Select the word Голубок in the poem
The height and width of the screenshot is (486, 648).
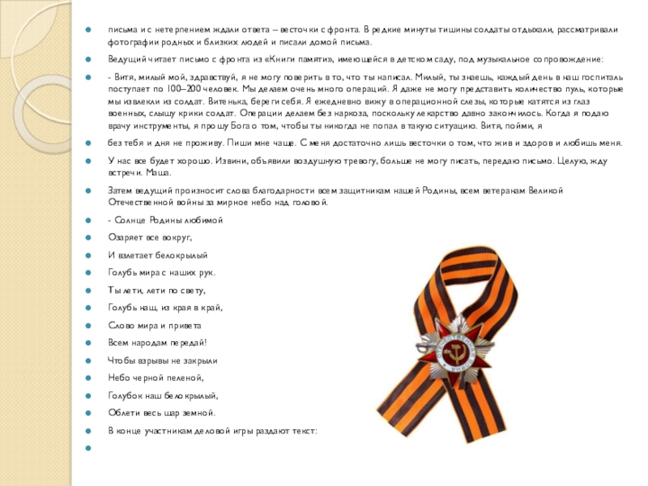point(123,396)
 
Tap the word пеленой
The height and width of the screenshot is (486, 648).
point(185,378)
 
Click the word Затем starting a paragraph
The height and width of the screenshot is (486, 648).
point(122,190)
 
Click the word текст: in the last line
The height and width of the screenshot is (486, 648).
point(305,431)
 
